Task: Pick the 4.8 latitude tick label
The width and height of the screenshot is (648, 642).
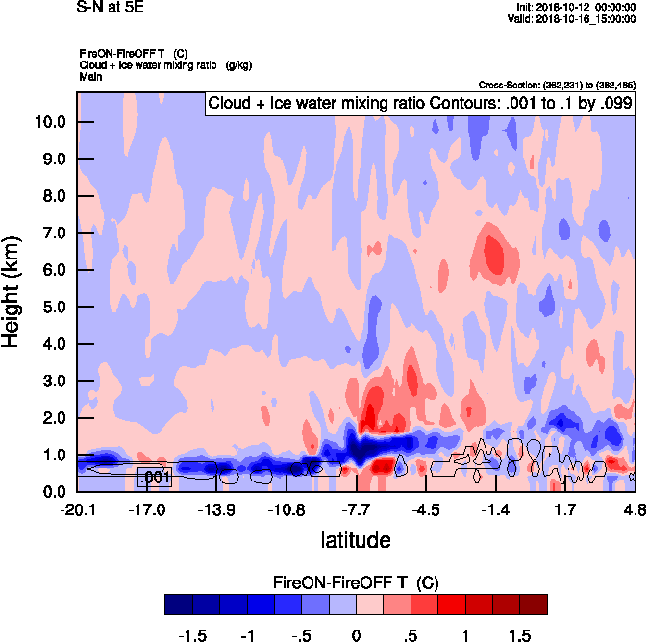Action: pos(634,509)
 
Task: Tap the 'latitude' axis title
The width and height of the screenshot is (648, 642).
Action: pos(356,540)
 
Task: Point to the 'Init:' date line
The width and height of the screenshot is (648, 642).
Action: pos(576,7)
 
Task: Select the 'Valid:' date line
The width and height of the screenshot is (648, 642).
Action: pos(574,18)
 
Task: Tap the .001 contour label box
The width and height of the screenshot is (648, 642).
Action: pos(155,477)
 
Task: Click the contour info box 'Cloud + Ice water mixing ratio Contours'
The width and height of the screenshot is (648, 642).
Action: pos(420,104)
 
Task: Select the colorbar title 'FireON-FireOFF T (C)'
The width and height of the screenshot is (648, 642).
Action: pos(356,582)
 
